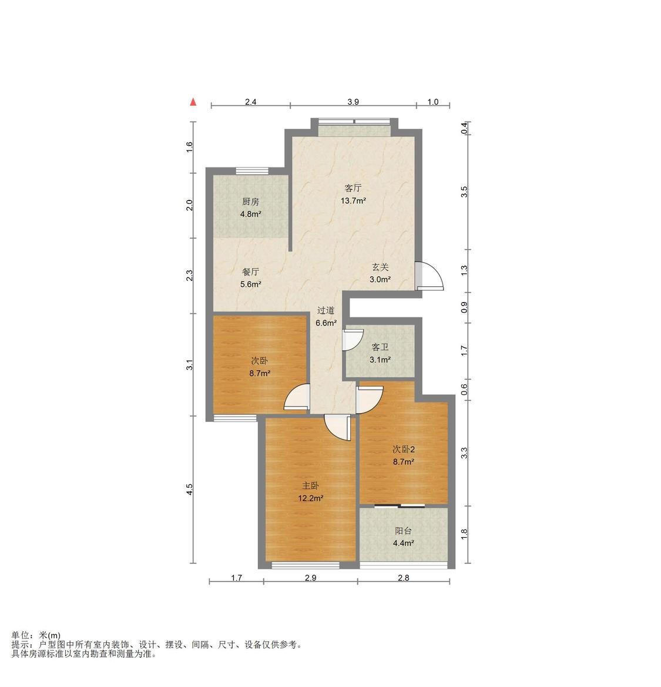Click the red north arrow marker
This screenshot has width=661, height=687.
[193, 102]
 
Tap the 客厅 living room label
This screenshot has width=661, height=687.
[353, 189]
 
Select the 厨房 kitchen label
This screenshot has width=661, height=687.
[250, 202]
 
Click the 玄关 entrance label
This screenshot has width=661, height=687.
[380, 267]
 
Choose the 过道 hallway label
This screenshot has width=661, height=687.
[326, 311]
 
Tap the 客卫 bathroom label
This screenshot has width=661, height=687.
[380, 347]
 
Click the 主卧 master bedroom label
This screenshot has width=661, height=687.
[310, 485]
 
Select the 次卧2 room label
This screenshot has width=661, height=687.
[403, 449]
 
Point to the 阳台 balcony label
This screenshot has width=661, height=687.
[403, 531]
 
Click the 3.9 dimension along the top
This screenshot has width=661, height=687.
[353, 102]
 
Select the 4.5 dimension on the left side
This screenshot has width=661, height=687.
[189, 490]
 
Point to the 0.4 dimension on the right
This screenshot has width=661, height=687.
[464, 128]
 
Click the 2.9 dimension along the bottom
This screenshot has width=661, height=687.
[311, 578]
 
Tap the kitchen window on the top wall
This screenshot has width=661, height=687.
[252, 171]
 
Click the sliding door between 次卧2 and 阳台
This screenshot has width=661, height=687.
[400, 507]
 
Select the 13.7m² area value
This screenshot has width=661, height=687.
[353, 201]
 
